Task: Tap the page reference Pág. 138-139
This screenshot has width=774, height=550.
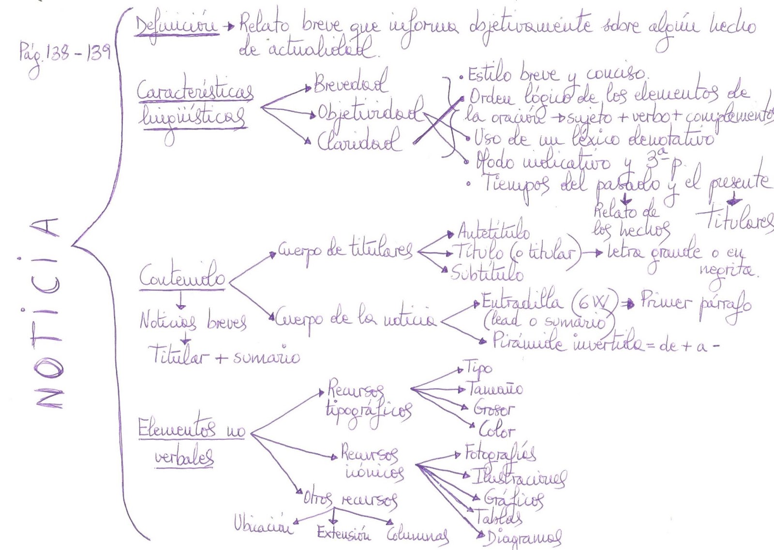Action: (64, 55)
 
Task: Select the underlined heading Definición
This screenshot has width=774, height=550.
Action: (177, 27)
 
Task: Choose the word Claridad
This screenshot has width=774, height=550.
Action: (359, 141)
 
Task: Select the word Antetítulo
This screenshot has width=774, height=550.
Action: (493, 232)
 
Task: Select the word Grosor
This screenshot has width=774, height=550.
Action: (493, 409)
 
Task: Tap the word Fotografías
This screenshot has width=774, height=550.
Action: (500, 453)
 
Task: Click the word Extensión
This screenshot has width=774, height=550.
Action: (344, 534)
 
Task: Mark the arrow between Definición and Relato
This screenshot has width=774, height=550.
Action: (228, 27)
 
